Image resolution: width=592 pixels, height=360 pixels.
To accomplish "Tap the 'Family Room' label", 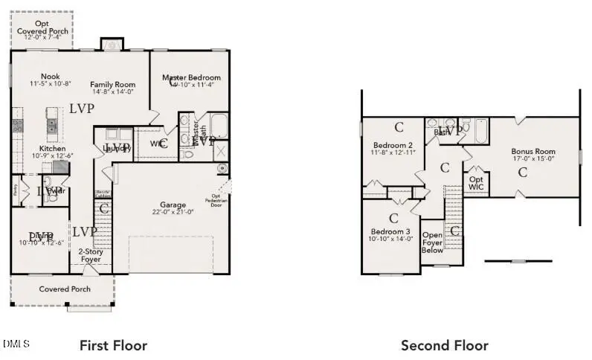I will [112, 85].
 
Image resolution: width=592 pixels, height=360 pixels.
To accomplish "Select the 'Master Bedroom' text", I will [192, 77].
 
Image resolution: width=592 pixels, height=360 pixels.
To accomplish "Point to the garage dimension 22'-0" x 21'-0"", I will [173, 212].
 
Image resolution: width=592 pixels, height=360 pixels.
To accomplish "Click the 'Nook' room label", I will [50, 76].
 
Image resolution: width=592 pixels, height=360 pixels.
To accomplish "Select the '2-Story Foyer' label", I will [90, 255].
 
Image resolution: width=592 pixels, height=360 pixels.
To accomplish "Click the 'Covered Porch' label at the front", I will [65, 289].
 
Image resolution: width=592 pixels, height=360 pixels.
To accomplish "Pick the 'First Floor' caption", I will [113, 345].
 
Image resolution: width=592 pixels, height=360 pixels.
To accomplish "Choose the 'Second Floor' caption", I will [445, 345].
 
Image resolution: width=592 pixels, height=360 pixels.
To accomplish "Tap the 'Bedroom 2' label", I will [393, 145].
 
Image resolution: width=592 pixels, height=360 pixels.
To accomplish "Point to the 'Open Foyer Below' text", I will [432, 242].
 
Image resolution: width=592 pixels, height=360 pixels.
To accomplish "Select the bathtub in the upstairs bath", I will [480, 132].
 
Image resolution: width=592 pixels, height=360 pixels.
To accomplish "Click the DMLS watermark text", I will [16, 344].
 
